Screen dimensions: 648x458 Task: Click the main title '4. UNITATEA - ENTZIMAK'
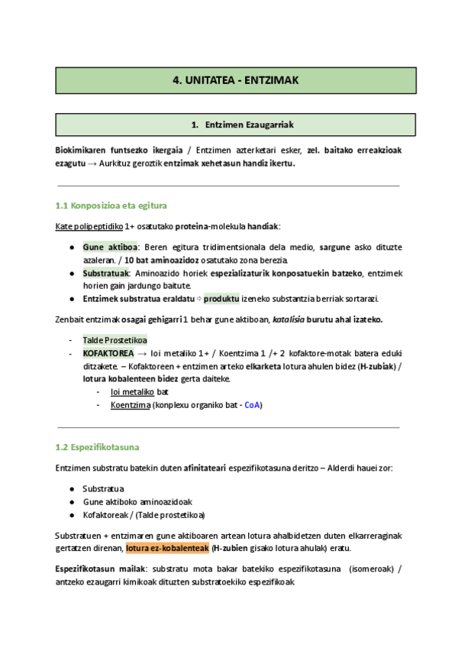coord(235,80)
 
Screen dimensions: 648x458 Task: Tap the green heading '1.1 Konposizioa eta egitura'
coord(111,206)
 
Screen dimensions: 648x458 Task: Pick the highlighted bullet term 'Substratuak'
coord(106,273)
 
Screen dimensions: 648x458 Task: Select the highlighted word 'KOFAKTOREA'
coord(108,354)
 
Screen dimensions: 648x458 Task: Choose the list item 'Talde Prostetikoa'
coord(115,340)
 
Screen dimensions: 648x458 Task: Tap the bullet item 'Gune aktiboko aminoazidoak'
coord(137,502)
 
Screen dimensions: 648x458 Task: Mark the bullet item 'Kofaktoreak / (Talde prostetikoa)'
coord(143,515)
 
